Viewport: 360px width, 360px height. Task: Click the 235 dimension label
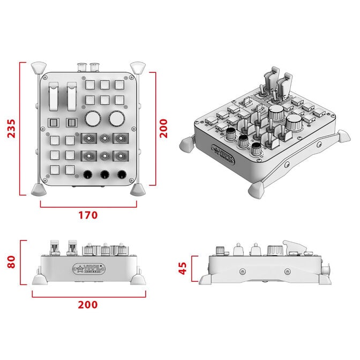point(11,129)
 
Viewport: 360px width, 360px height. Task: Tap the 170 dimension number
point(88,215)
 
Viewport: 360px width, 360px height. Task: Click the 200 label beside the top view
point(163,129)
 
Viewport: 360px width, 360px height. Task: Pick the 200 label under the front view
point(88,304)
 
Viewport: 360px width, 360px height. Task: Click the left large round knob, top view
point(92,117)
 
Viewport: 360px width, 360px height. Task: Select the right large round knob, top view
point(117,117)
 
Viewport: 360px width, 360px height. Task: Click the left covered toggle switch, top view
point(54,96)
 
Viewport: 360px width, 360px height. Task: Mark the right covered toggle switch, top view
point(71,96)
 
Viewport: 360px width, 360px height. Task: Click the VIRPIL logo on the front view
point(88,267)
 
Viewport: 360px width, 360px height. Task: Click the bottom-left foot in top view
point(39,190)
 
